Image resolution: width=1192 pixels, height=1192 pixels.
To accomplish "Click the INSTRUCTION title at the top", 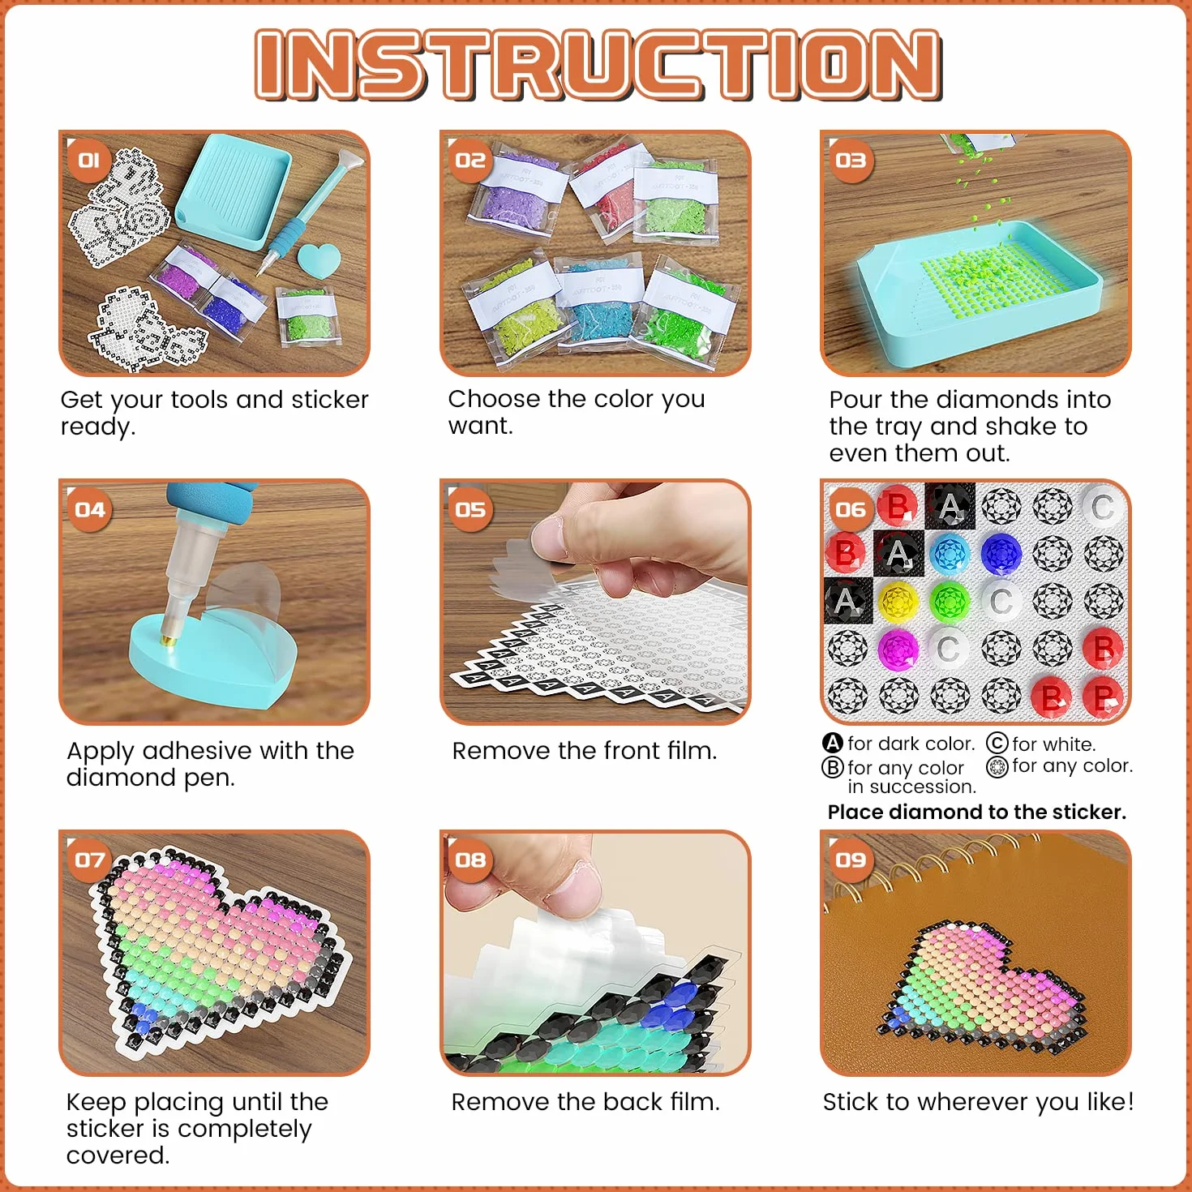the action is pyautogui.click(x=598, y=64).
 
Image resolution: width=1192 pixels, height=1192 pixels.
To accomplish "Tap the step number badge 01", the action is pyautogui.click(x=88, y=161).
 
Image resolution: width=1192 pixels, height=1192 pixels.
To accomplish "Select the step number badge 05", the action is pyautogui.click(x=470, y=509).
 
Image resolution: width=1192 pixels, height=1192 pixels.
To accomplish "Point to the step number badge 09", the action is pyautogui.click(x=851, y=860).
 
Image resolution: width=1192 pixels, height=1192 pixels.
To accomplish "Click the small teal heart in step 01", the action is pyautogui.click(x=319, y=259).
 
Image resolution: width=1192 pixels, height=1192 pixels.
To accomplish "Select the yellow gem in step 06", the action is pyautogui.click(x=898, y=601).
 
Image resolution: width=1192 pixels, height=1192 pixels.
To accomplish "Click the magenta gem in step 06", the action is pyautogui.click(x=898, y=649).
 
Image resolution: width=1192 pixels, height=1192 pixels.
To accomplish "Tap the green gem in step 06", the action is pyautogui.click(x=949, y=601).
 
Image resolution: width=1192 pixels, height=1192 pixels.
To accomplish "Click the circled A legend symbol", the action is pyautogui.click(x=833, y=743).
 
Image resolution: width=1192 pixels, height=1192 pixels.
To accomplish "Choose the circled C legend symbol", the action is pyautogui.click(x=997, y=743).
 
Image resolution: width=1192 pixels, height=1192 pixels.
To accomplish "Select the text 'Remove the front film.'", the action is pyautogui.click(x=585, y=750).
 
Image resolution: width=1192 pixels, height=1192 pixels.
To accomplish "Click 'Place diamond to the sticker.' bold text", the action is pyautogui.click(x=977, y=812).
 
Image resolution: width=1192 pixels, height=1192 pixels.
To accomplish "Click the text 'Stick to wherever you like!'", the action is pyautogui.click(x=978, y=1102).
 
